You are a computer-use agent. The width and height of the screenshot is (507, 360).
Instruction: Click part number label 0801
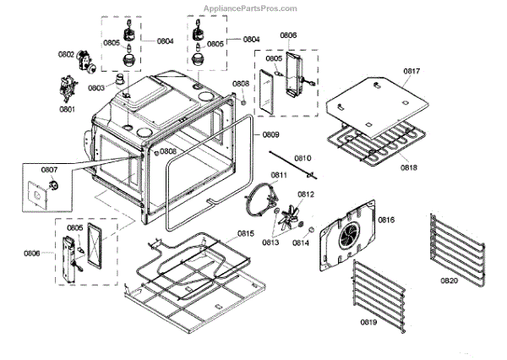pos(67,109)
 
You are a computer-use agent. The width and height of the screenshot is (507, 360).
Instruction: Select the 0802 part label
pos(66,54)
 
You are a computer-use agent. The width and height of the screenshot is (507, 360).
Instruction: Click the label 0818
pos(409,167)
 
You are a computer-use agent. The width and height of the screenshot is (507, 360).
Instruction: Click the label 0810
pos(303,158)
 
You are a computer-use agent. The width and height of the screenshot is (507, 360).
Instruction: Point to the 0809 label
pos(270,134)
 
